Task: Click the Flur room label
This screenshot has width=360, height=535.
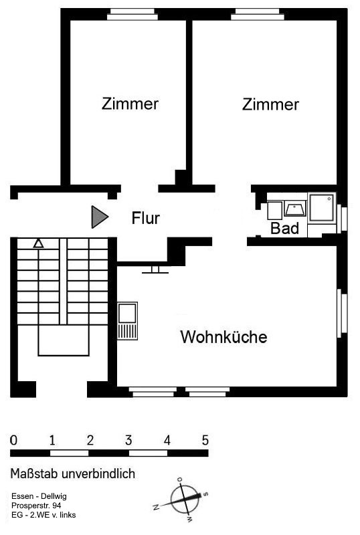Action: pos(145,218)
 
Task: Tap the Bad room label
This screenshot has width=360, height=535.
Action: pos(284,228)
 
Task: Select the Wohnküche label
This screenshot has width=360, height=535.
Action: pos(223,337)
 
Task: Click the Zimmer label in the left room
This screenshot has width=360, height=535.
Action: pos(130,104)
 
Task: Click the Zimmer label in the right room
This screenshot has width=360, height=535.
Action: pos(270,104)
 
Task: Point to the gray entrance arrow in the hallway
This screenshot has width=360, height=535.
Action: pos(100,217)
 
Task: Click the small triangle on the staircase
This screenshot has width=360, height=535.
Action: pos(39,243)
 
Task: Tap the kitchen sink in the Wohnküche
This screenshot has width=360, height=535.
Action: pos(127,321)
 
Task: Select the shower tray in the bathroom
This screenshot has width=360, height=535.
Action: pos(322,208)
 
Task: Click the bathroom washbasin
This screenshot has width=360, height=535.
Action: pos(295,208)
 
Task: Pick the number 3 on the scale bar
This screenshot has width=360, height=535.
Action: pos(128,440)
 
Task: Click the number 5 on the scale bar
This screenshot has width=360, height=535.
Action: pos(205,440)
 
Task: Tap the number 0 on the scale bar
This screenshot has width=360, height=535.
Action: pos(13,440)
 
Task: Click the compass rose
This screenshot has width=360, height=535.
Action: pos(184,500)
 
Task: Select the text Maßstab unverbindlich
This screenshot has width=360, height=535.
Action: pos(73,473)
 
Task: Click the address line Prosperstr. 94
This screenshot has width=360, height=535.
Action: pos(36,506)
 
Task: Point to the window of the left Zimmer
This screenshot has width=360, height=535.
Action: pos(132,14)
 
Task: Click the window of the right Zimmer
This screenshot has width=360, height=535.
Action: pos(258,14)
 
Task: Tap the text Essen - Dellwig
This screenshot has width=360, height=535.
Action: pos(39,496)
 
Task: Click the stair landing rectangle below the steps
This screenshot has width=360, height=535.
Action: pos(64,340)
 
